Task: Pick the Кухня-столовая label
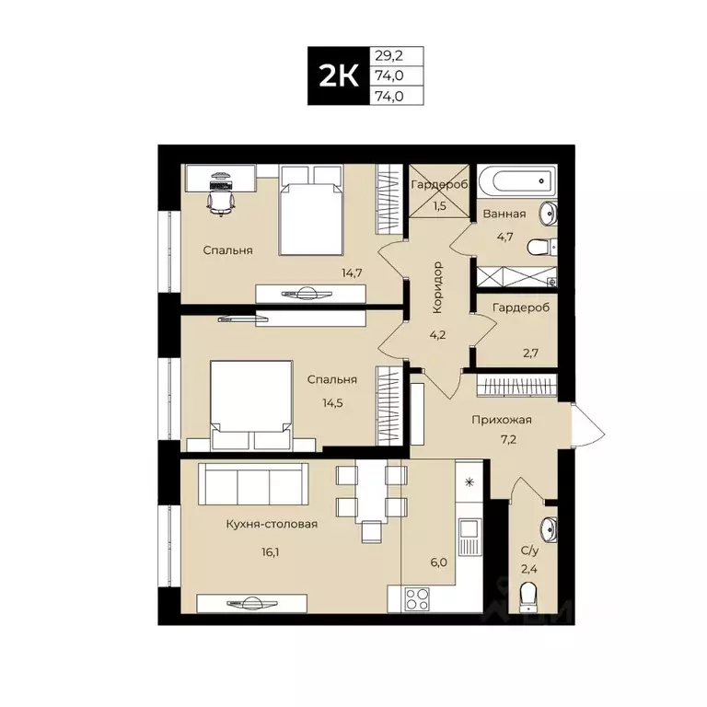coord(272,524)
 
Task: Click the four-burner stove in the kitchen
coord(417,598)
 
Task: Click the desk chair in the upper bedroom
coord(221,198)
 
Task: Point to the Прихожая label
coord(502,420)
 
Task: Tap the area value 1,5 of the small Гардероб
coord(438,205)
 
